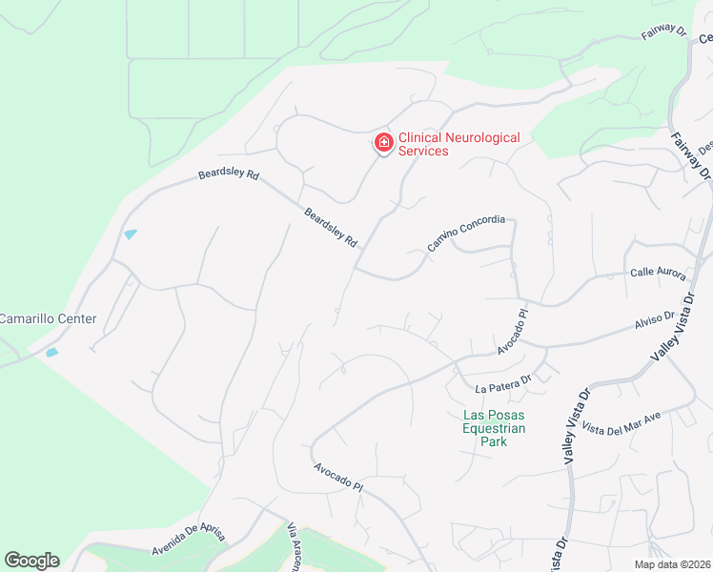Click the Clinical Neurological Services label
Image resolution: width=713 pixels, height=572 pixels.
(458, 144)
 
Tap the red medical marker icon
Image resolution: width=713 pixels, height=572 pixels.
(384, 144)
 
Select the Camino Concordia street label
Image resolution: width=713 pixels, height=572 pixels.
(465, 234)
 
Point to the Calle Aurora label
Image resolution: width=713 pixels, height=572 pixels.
(658, 273)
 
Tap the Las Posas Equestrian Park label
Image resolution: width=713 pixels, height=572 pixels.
(494, 428)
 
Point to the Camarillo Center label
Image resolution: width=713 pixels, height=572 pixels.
(48, 318)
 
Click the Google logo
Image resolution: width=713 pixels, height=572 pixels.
(31, 561)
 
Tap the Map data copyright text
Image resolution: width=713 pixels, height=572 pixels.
(672, 564)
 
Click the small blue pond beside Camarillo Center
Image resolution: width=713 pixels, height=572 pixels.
(51, 353)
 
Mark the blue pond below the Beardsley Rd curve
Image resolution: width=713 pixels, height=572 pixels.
(131, 235)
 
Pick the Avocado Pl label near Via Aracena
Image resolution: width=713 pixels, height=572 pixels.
(338, 479)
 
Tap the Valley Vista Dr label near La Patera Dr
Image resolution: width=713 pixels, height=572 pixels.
(577, 424)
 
